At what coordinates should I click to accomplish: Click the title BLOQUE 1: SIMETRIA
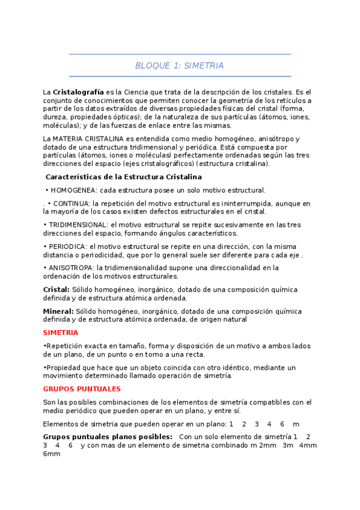[x=179, y=66]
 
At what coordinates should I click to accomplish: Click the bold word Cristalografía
[x=79, y=91]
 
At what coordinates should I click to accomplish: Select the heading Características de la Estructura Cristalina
[x=123, y=177]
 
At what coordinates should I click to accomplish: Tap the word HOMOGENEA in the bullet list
[x=74, y=190]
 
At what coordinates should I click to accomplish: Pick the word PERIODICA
[x=67, y=247]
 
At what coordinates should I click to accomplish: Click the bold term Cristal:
[x=56, y=289]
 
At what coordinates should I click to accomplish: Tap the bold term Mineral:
[x=58, y=311]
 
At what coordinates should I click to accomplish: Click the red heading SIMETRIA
[x=61, y=333]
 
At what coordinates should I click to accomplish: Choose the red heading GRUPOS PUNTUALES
[x=82, y=389]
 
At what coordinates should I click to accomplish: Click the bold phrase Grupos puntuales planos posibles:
[x=108, y=436]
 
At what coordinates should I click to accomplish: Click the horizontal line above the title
[x=179, y=55]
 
